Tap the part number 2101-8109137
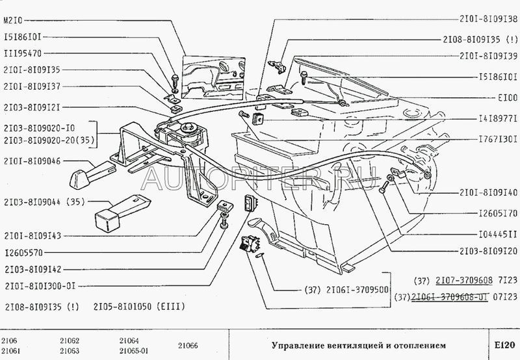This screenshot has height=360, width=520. coord(32,84)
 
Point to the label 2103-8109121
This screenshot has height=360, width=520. coord(32,106)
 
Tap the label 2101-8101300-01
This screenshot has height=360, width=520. coord(40,284)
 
